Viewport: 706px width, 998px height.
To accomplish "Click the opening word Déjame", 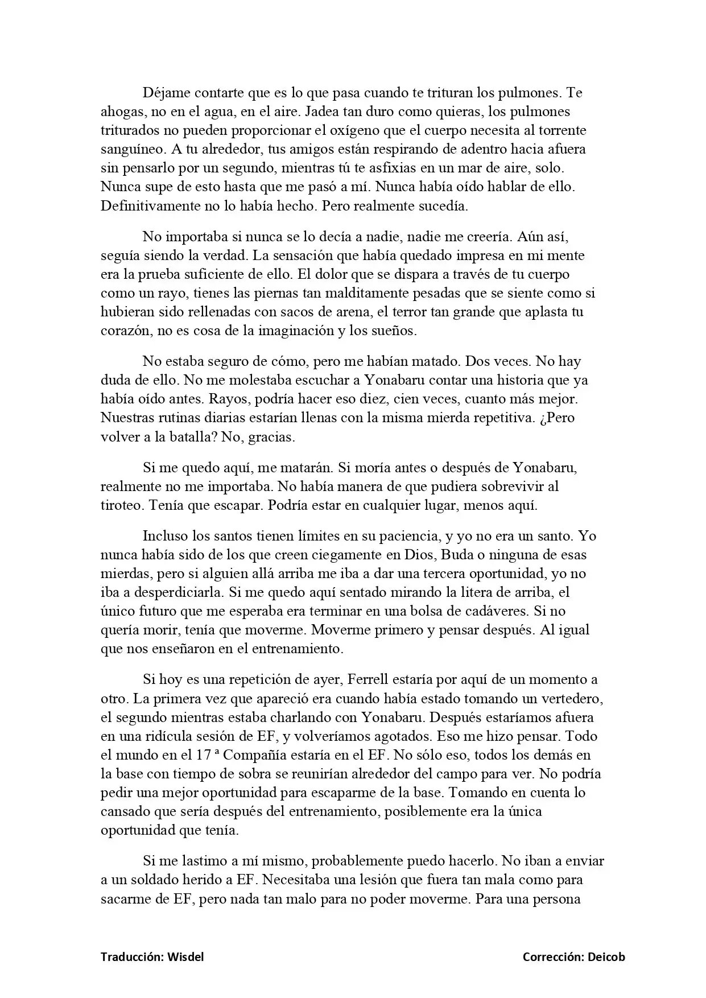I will [166, 93].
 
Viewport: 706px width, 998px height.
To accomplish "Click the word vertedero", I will [568, 698].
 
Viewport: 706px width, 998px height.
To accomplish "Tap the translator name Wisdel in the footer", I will [185, 957].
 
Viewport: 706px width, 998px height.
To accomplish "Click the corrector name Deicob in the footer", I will [606, 957].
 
